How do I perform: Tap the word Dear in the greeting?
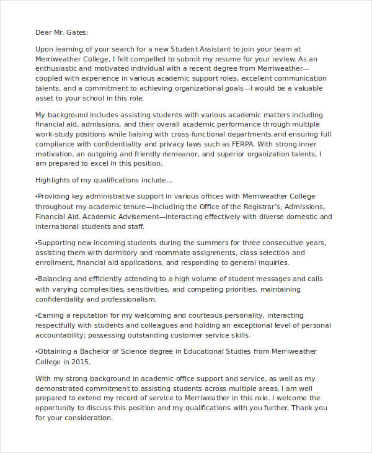click(x=44, y=32)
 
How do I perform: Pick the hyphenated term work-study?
click(x=59, y=134)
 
